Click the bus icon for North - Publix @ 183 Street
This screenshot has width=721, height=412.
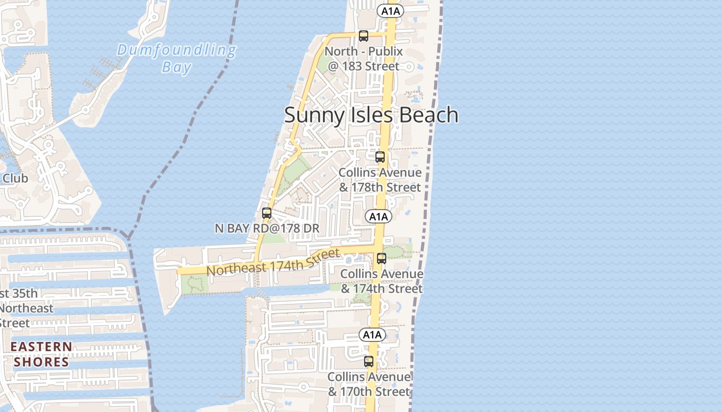click(364, 36)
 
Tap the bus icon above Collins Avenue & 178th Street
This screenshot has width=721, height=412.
click(380, 157)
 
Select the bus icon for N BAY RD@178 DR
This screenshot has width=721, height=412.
click(267, 213)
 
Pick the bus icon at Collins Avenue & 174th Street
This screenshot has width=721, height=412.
click(382, 259)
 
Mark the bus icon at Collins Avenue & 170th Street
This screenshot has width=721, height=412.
click(369, 362)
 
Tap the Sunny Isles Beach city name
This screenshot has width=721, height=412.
click(371, 115)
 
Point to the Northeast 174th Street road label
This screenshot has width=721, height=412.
click(273, 262)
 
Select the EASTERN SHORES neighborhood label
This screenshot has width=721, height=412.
click(41, 354)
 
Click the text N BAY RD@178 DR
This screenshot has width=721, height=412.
click(267, 228)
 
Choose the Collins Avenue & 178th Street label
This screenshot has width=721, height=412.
click(380, 180)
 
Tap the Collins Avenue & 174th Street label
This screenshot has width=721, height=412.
click(382, 281)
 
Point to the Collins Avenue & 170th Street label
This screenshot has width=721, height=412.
click(369, 384)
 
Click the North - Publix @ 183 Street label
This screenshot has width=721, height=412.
click(364, 59)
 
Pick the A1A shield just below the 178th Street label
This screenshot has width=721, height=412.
click(379, 216)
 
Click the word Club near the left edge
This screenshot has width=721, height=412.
click(15, 178)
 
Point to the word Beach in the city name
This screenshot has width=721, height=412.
click(429, 115)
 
